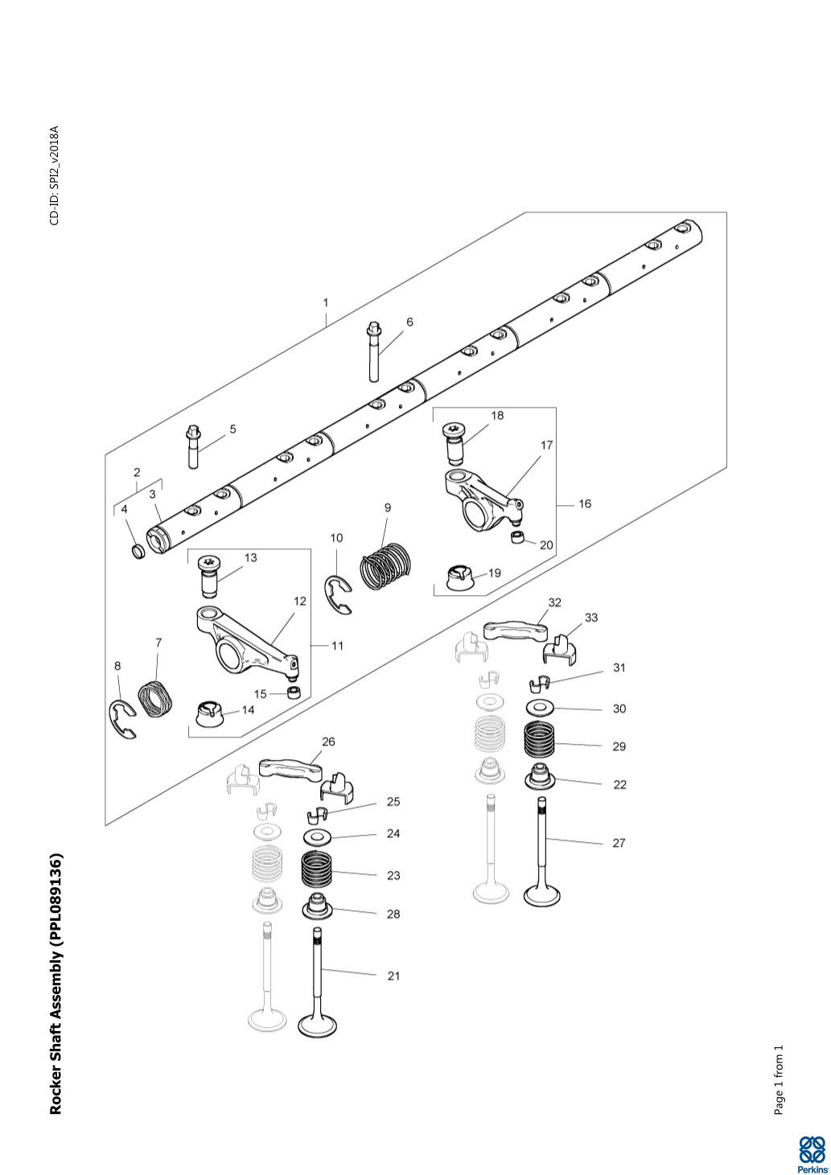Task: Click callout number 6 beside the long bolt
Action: [409, 322]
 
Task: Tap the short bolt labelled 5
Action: [192, 446]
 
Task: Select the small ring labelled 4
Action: [138, 551]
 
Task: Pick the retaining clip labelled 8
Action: [122, 719]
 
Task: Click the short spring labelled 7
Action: [155, 699]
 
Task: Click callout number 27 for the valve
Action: [619, 843]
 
